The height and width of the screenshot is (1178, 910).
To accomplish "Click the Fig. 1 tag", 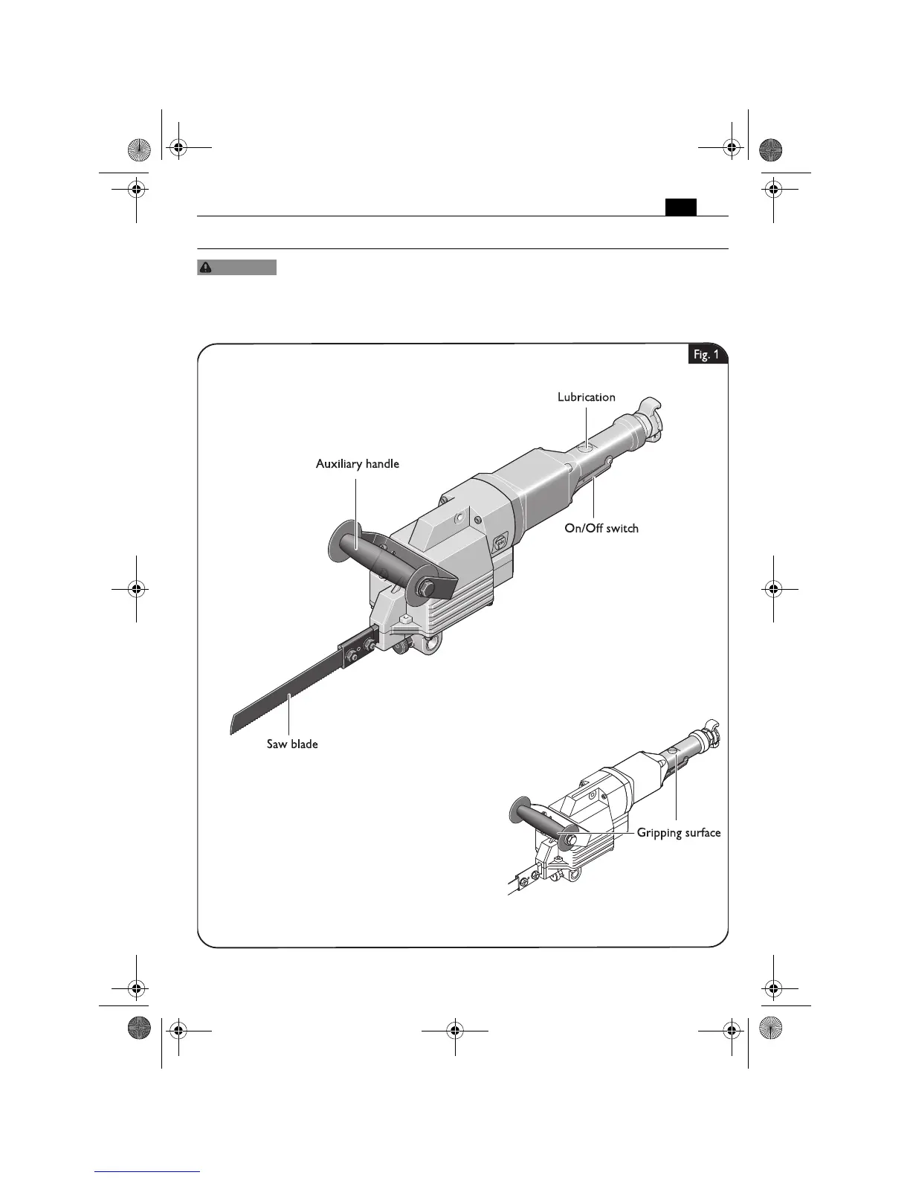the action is pos(706,355).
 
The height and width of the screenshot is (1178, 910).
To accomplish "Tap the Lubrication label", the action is pos(587,397).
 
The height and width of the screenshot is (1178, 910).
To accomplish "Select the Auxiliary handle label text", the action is pos(358,464).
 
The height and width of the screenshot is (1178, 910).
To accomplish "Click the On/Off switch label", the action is pos(601,529).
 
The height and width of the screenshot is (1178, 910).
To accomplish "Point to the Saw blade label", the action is pos(292,744).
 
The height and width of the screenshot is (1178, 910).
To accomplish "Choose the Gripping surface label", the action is pos(678,833).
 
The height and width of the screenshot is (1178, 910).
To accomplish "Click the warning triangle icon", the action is pos(205,268).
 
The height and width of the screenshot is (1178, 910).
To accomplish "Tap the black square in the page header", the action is pos(680,207).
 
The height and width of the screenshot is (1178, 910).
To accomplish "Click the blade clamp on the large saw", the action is pos(358,647).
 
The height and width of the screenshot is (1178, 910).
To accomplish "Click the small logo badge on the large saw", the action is pos(499,542).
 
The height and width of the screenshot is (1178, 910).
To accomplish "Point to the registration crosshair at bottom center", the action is pos(454,1031).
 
